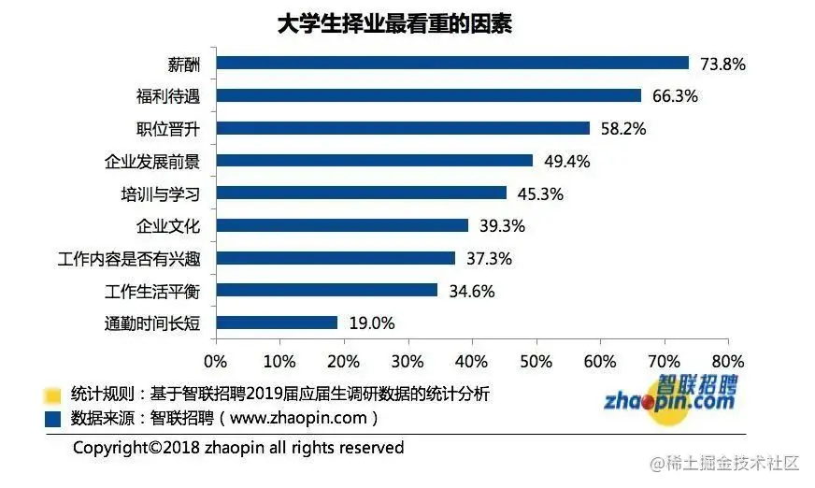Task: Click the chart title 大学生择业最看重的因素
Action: (x=393, y=24)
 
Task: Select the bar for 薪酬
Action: (x=451, y=64)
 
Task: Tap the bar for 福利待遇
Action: (x=428, y=95)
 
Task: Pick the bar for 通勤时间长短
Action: (x=276, y=323)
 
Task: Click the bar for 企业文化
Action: (x=341, y=225)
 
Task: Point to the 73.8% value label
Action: (x=723, y=65)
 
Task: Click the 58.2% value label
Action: (x=623, y=129)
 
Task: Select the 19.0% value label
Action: (x=371, y=323)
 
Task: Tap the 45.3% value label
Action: (x=540, y=194)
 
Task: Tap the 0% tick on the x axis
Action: (x=216, y=362)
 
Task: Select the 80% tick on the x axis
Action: (x=727, y=362)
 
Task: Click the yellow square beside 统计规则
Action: (x=52, y=395)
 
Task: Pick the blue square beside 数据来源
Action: (x=52, y=418)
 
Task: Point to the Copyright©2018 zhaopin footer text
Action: (x=238, y=449)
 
